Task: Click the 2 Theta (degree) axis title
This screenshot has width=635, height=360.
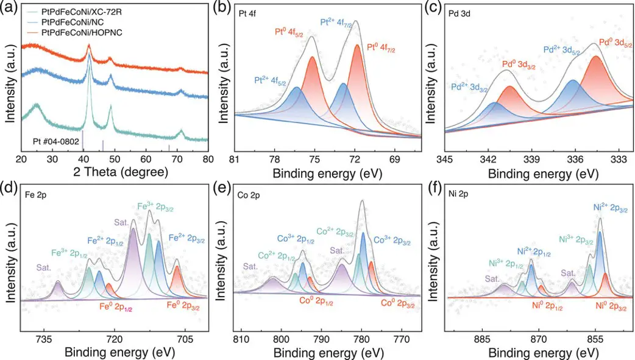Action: click(x=115, y=173)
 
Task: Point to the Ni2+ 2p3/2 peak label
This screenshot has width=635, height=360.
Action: click(x=598, y=209)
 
